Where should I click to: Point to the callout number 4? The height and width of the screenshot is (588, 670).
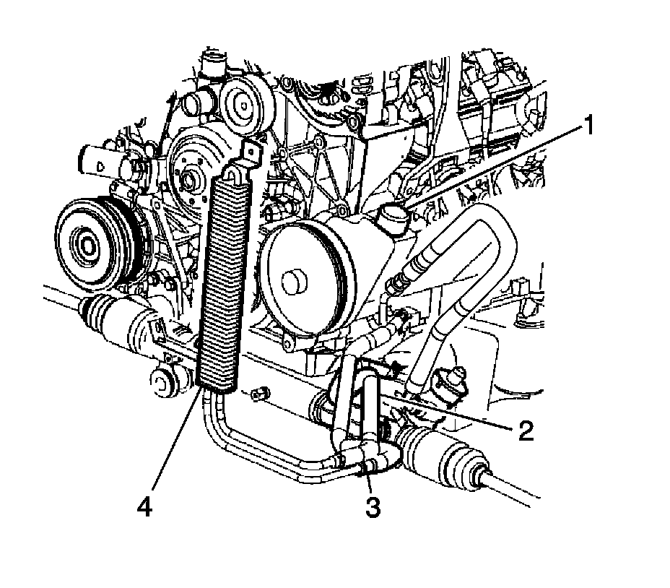pyautogui.click(x=147, y=508)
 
